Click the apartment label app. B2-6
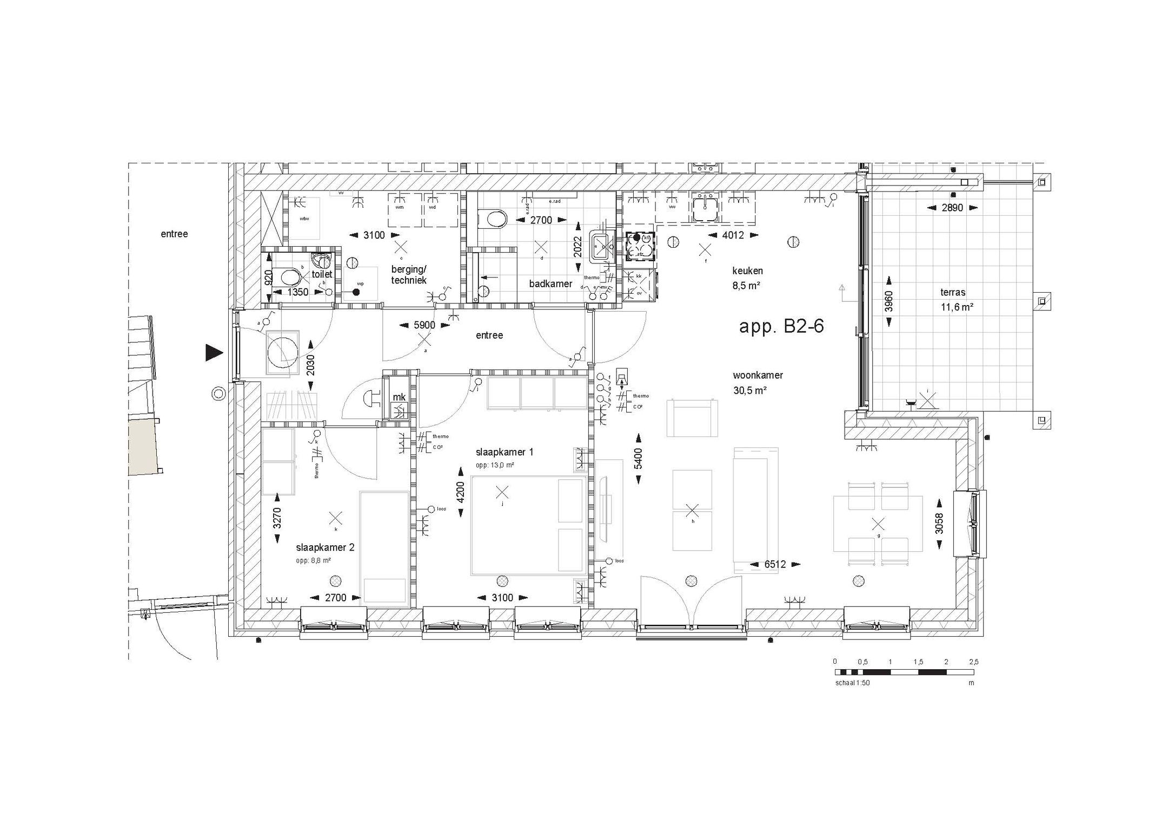[781, 327]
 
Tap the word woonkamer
[758, 375]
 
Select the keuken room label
[747, 270]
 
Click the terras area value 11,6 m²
[957, 307]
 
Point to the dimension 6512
[774, 564]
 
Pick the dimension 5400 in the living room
[639, 458]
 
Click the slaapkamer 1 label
[504, 452]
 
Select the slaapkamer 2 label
[325, 547]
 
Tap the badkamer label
[550, 283]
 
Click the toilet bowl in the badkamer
[494, 219]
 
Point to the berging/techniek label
[409, 274]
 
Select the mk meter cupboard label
[399, 397]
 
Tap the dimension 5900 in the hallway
[424, 325]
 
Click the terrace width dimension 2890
[952, 208]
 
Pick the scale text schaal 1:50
[852, 683]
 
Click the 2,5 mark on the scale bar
[973, 662]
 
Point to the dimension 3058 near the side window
[939, 523]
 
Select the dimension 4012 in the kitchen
[733, 235]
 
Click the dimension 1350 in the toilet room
[297, 292]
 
